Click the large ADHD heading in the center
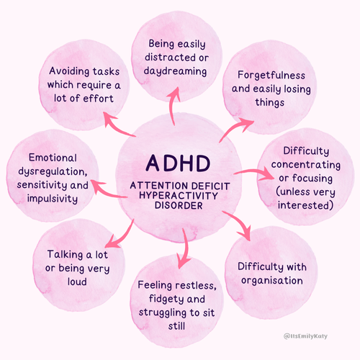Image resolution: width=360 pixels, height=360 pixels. (x=179, y=163)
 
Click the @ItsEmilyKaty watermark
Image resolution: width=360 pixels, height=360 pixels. (x=320, y=337)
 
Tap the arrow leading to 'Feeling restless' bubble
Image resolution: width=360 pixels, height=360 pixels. (x=186, y=246)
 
